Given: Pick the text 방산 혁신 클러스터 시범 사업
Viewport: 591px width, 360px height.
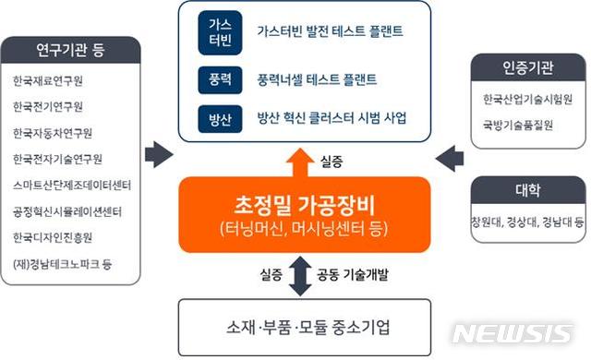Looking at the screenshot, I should pyautogui.click(x=332, y=118).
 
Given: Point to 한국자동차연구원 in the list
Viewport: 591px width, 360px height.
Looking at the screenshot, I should pyautogui.click(x=57, y=133).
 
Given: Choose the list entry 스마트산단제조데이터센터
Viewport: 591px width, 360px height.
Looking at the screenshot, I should pyautogui.click(x=71, y=185).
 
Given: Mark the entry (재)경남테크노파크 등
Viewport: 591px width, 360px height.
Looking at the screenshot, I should pyautogui.click(x=62, y=262).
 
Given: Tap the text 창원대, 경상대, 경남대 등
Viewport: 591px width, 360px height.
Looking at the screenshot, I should pyautogui.click(x=527, y=222).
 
